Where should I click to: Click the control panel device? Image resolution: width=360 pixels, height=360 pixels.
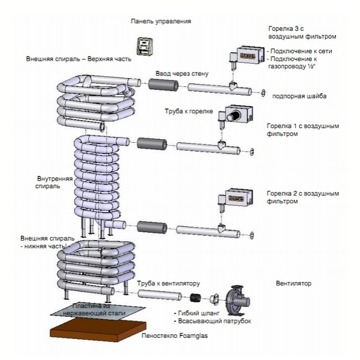145,46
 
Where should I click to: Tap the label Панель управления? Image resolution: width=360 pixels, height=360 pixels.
161,22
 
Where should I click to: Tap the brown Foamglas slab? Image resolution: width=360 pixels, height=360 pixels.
98,330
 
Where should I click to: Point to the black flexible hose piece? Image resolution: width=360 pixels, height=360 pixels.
196,298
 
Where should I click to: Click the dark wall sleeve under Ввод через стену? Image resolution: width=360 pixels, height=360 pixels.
163,85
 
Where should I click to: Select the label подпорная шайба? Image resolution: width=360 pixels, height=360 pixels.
299,96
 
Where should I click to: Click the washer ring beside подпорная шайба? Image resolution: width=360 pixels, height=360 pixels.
263,92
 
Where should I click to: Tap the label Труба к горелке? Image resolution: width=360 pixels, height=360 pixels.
189,112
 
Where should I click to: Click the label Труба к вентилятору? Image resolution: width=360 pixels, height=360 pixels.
169,284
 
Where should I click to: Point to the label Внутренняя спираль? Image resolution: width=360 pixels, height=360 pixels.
54,182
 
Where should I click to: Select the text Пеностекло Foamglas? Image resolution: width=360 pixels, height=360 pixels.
175,335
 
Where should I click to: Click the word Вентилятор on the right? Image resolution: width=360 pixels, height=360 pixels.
293,283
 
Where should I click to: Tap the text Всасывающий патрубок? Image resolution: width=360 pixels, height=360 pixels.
214,321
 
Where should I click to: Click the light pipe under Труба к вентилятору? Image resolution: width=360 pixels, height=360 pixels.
160,295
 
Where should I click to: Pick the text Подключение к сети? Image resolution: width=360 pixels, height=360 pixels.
301,51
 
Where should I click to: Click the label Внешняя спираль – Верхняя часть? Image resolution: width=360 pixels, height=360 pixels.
79,59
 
